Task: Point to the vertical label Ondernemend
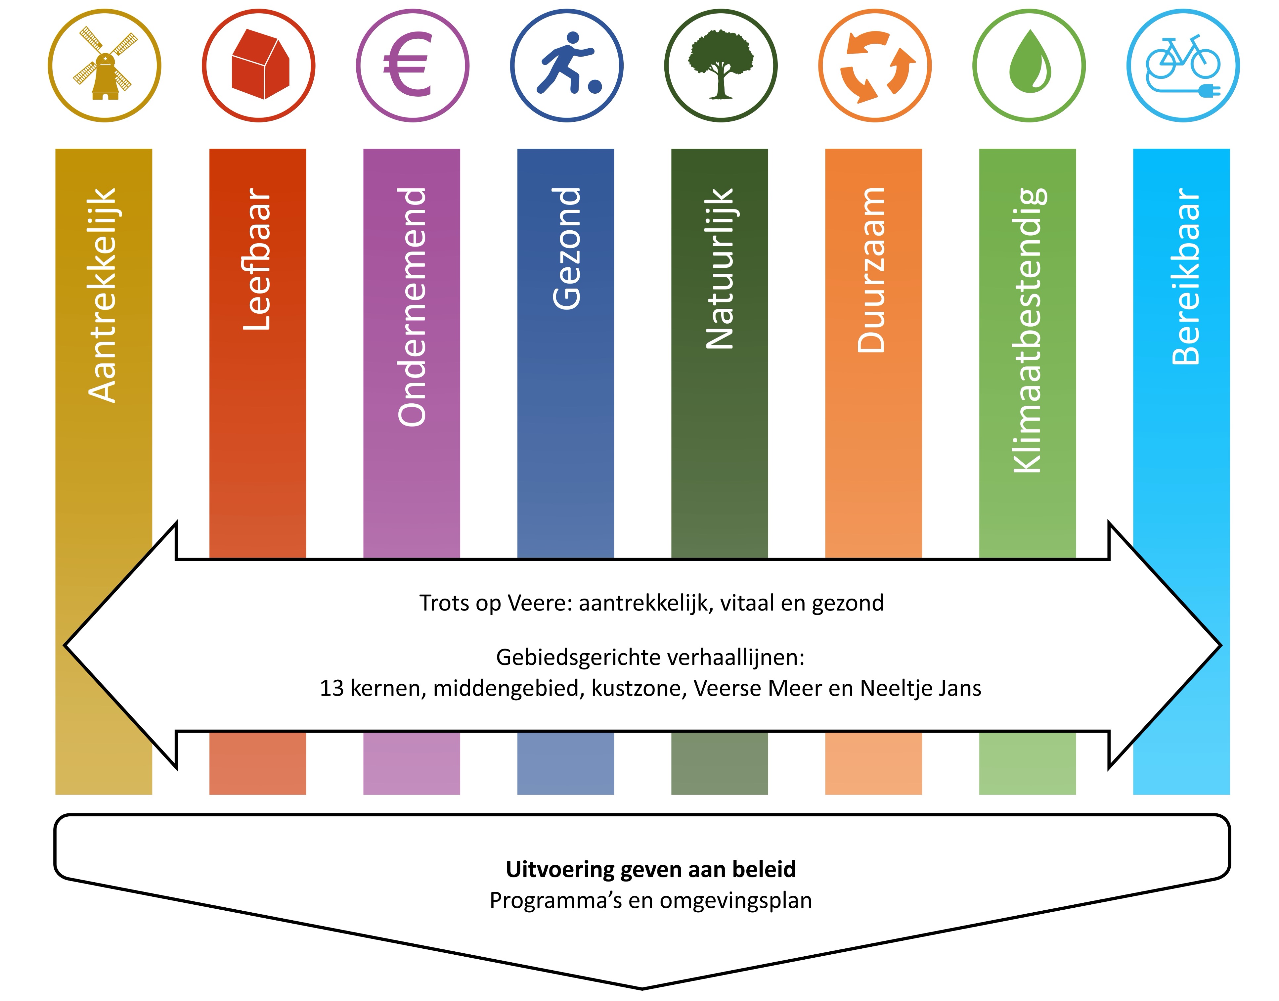(412, 306)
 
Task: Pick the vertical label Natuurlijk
(720, 268)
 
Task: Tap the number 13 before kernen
(331, 688)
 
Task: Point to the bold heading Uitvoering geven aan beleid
(650, 869)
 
